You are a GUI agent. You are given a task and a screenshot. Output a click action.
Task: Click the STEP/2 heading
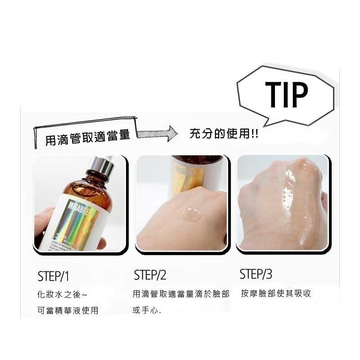(150, 275)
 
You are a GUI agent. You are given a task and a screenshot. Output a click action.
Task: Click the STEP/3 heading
(256, 274)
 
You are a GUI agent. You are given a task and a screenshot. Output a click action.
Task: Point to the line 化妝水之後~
(62, 295)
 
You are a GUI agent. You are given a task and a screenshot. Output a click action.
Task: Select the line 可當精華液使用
(67, 311)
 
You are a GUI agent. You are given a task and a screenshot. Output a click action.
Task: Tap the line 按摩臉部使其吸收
(276, 293)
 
